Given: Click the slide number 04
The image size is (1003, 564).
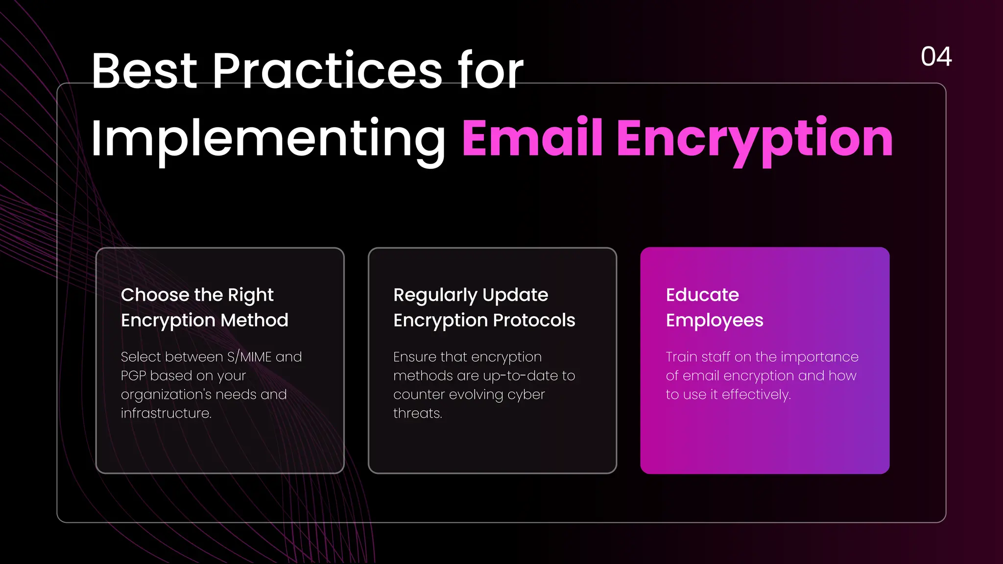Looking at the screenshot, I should (936, 56).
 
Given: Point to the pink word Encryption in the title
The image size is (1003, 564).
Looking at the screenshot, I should (755, 139).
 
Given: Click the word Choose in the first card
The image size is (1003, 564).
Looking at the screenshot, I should (155, 295).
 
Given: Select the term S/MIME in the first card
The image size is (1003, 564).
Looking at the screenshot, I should (249, 357).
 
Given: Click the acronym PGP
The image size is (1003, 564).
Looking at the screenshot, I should (133, 376).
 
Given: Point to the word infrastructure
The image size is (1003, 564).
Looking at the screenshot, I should (166, 413).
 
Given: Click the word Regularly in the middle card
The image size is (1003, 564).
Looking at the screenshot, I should (435, 295).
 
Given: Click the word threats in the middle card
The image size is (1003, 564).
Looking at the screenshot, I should (417, 413).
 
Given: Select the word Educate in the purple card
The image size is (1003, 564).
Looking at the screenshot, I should (702, 295).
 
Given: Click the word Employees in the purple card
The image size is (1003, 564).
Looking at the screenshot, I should (715, 321).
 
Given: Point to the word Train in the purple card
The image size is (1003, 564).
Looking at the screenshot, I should (681, 357).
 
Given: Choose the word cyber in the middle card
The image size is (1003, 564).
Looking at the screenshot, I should (526, 395).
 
